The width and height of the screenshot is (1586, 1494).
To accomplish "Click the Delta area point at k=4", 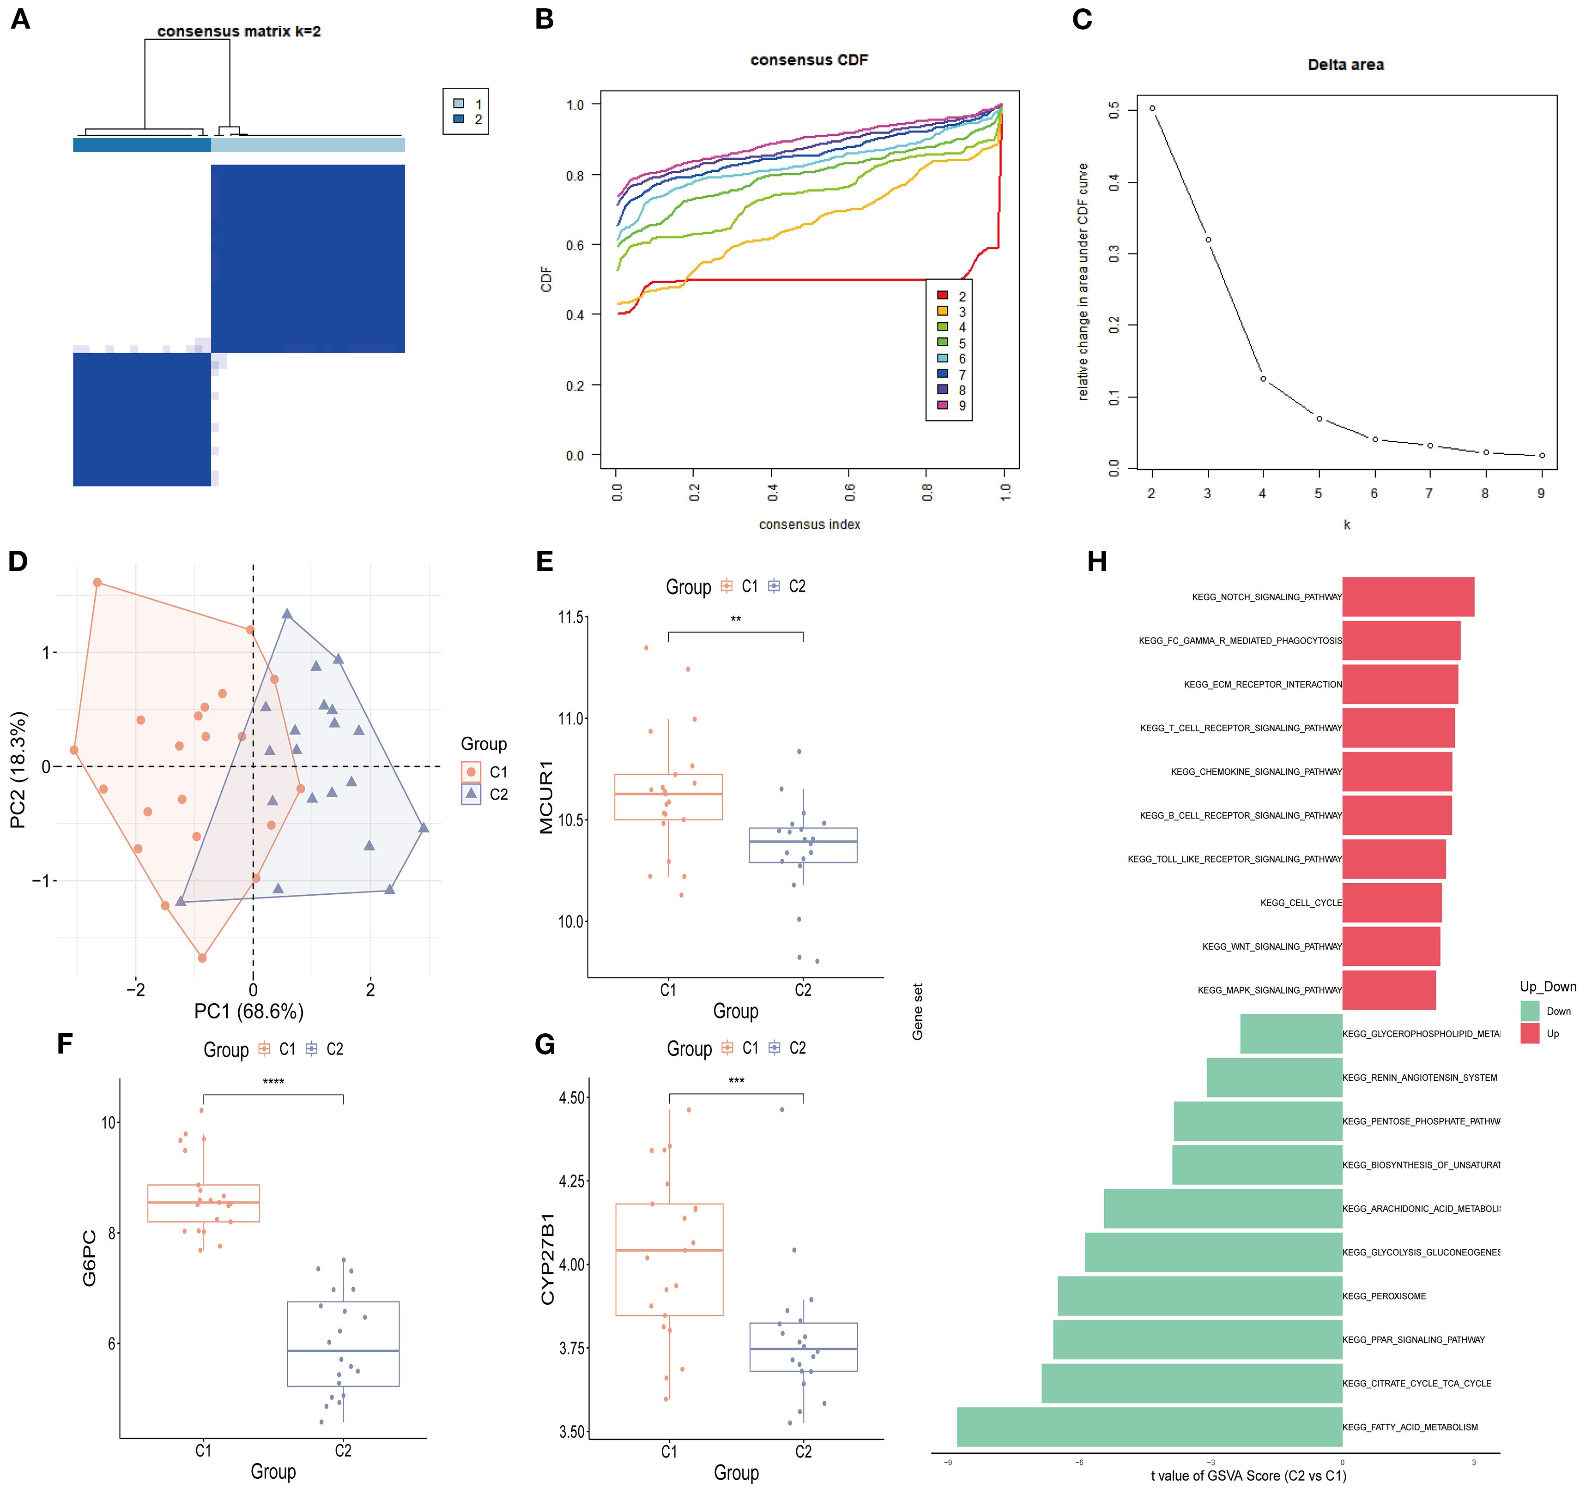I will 1263,379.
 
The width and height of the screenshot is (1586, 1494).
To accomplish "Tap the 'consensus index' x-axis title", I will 809,524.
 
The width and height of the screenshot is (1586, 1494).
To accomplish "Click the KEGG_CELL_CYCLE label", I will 1301,903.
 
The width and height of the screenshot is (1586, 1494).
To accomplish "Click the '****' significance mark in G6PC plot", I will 273,1082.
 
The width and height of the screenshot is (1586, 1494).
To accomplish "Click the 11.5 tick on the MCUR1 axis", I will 571,617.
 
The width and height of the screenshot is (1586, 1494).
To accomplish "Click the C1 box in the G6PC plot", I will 203,1203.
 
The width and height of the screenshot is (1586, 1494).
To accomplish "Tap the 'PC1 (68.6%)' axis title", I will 249,1012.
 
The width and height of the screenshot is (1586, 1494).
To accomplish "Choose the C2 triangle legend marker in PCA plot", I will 472,794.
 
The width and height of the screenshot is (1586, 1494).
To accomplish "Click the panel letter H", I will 1097,561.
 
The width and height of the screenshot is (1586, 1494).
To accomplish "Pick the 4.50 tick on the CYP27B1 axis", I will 573,1097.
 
